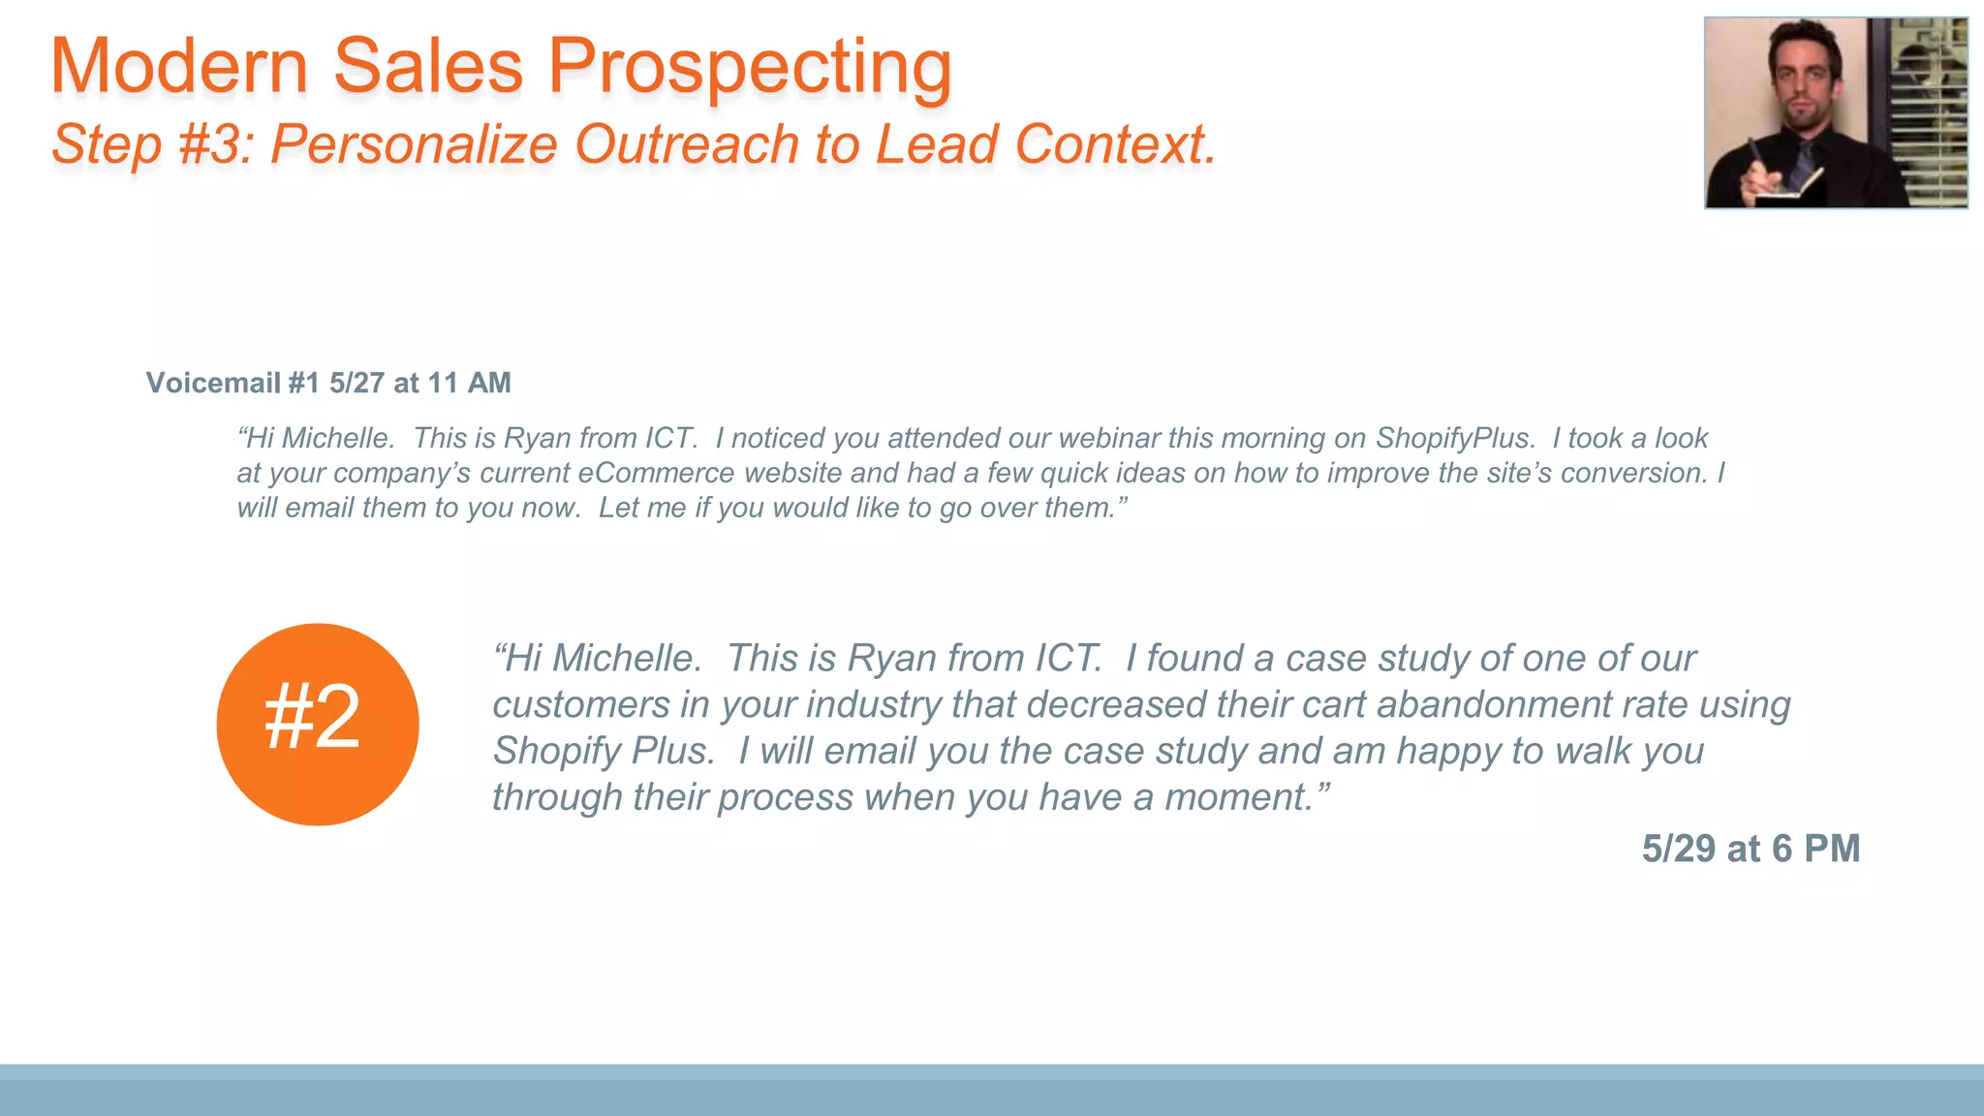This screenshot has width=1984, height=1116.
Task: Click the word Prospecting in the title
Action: point(750,68)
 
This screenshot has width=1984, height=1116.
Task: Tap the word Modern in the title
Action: point(179,68)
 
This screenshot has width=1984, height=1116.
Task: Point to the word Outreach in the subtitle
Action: point(687,145)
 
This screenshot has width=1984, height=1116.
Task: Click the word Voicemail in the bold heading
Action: point(213,383)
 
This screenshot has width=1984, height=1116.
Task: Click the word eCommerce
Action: point(656,473)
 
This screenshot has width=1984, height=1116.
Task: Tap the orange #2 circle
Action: point(318,724)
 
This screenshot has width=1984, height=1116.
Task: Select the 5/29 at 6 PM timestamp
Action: point(1751,849)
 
